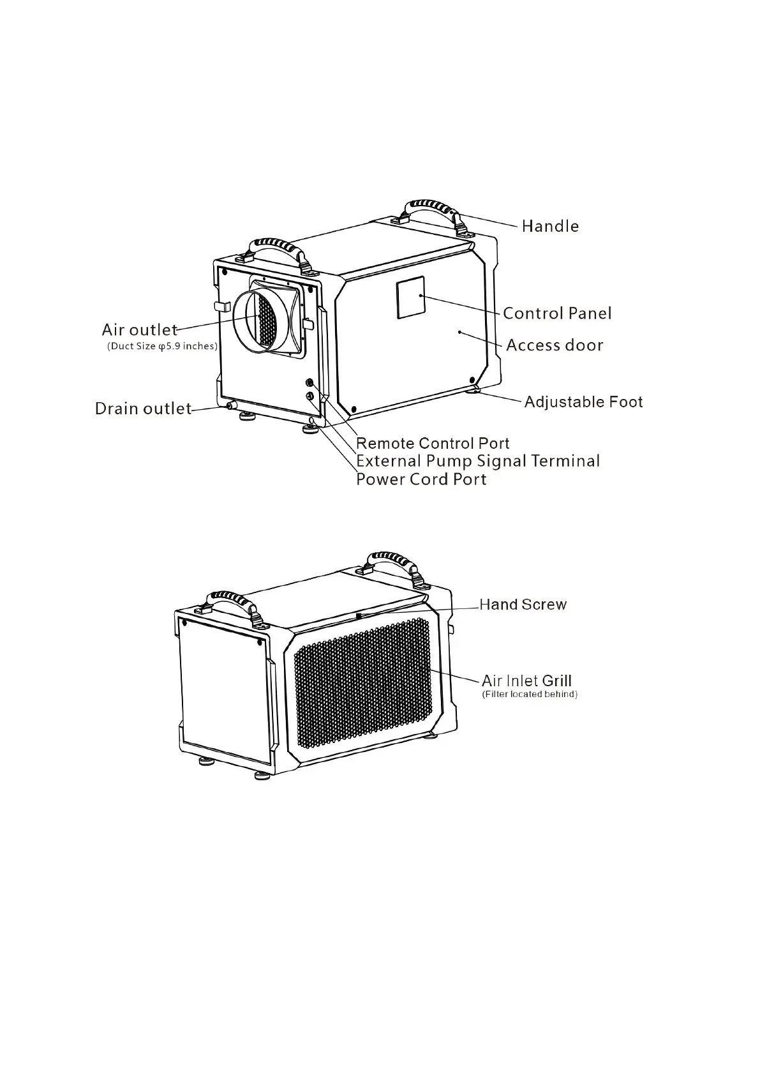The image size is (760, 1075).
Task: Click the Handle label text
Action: (550, 226)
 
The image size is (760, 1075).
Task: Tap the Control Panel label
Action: (557, 313)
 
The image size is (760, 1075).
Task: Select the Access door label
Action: (555, 345)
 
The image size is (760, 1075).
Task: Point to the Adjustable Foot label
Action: (583, 402)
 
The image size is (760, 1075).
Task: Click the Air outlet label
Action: (140, 330)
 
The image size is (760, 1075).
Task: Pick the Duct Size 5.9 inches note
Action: (162, 347)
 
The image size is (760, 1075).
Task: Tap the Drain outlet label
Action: (143, 409)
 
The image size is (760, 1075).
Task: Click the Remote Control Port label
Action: (433, 444)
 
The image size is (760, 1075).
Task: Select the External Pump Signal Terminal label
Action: (478, 461)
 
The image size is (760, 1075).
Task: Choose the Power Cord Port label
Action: (421, 479)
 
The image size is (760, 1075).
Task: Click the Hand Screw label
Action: (523, 605)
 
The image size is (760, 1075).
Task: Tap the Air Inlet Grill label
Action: (526, 681)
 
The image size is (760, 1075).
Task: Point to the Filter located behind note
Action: (530, 695)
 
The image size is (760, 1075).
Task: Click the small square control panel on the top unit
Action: (411, 297)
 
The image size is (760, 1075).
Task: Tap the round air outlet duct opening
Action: (258, 320)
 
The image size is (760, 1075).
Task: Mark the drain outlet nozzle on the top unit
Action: (230, 406)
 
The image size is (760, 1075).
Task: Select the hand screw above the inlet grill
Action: (359, 615)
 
